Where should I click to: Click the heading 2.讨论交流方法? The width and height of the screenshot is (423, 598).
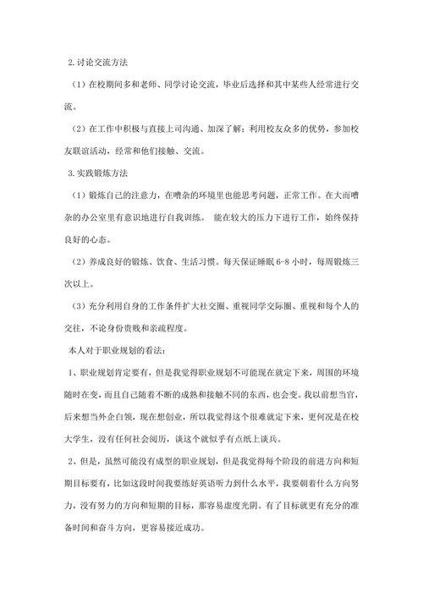click(98, 63)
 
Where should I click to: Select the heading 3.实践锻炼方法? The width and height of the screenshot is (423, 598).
click(98, 173)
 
